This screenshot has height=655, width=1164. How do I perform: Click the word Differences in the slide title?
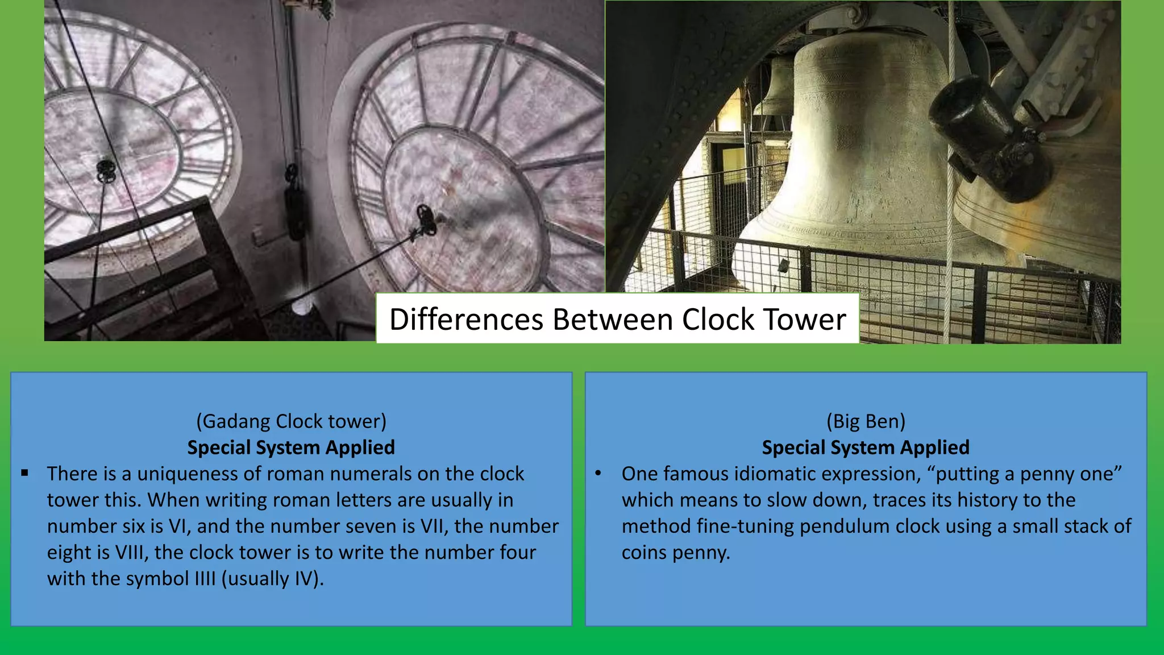(466, 320)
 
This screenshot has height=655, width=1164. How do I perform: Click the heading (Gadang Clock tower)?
(291, 421)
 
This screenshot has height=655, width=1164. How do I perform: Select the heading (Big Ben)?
(866, 421)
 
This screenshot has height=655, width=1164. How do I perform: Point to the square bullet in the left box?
(24, 473)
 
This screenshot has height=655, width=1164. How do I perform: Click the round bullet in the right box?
(598, 473)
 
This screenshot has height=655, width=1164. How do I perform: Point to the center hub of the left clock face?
(106, 170)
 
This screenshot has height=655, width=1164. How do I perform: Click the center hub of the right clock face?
(425, 219)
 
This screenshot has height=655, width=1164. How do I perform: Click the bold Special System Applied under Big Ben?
(866, 447)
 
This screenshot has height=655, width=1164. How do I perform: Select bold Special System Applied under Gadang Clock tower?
(291, 447)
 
